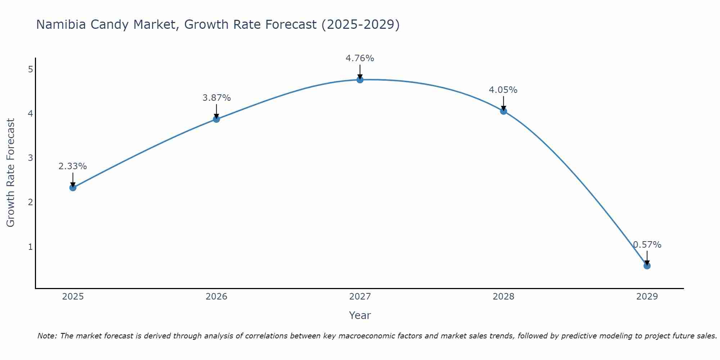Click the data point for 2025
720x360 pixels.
click(x=73, y=188)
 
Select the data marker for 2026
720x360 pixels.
click(x=216, y=119)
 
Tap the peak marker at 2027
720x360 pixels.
click(x=360, y=80)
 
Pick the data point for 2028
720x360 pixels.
click(x=503, y=111)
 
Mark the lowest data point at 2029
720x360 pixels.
click(x=647, y=266)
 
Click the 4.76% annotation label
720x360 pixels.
click(x=360, y=58)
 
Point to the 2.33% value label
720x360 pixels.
click(x=73, y=166)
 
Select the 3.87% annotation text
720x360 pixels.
click(x=216, y=98)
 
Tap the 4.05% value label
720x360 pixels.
click(x=503, y=90)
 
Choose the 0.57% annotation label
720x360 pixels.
click(x=647, y=245)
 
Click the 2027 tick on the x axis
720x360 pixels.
click(x=360, y=297)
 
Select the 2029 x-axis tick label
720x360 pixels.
click(x=647, y=297)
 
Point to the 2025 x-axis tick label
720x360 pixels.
click(x=73, y=297)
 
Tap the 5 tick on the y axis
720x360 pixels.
click(x=30, y=69)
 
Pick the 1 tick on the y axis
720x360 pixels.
click(x=30, y=247)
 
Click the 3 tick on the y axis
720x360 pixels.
click(x=30, y=158)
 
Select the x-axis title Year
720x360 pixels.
click(x=360, y=315)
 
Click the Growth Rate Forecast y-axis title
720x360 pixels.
click(x=11, y=173)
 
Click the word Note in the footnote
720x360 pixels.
click(x=47, y=336)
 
